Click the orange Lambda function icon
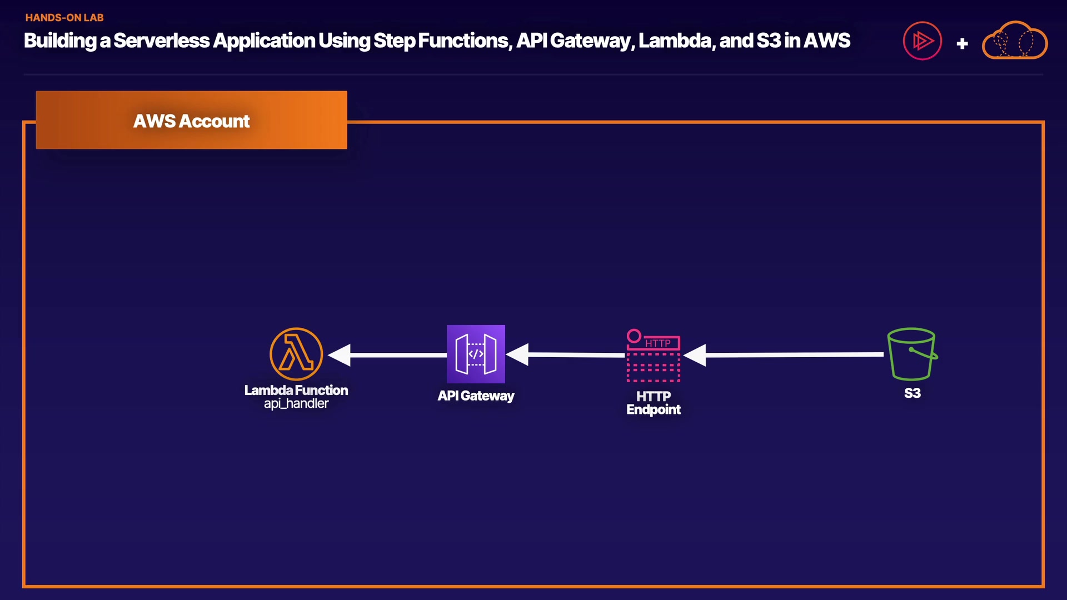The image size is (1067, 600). pos(296,354)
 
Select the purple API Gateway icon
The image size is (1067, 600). pos(476,354)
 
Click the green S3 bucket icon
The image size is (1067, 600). pos(912,354)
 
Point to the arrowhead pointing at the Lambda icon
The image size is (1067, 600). pos(340,355)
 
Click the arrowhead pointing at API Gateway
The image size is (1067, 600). pos(518,354)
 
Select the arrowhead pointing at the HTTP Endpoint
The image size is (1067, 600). pos(695,355)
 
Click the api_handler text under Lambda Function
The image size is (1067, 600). pos(296,404)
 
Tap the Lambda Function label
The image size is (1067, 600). pos(296,390)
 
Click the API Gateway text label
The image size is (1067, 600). pos(476,396)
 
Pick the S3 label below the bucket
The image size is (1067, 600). pos(912,393)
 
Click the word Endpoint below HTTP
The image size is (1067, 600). pos(654,410)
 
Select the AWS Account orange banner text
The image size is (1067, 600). pos(191,121)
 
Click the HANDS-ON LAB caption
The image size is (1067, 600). pos(64,18)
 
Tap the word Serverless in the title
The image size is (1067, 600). pos(162,41)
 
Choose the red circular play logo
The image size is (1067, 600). pos(923,41)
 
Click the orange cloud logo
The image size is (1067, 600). pos(1015,41)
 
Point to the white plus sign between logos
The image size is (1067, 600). pos(963,43)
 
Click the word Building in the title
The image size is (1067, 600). pos(60,41)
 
